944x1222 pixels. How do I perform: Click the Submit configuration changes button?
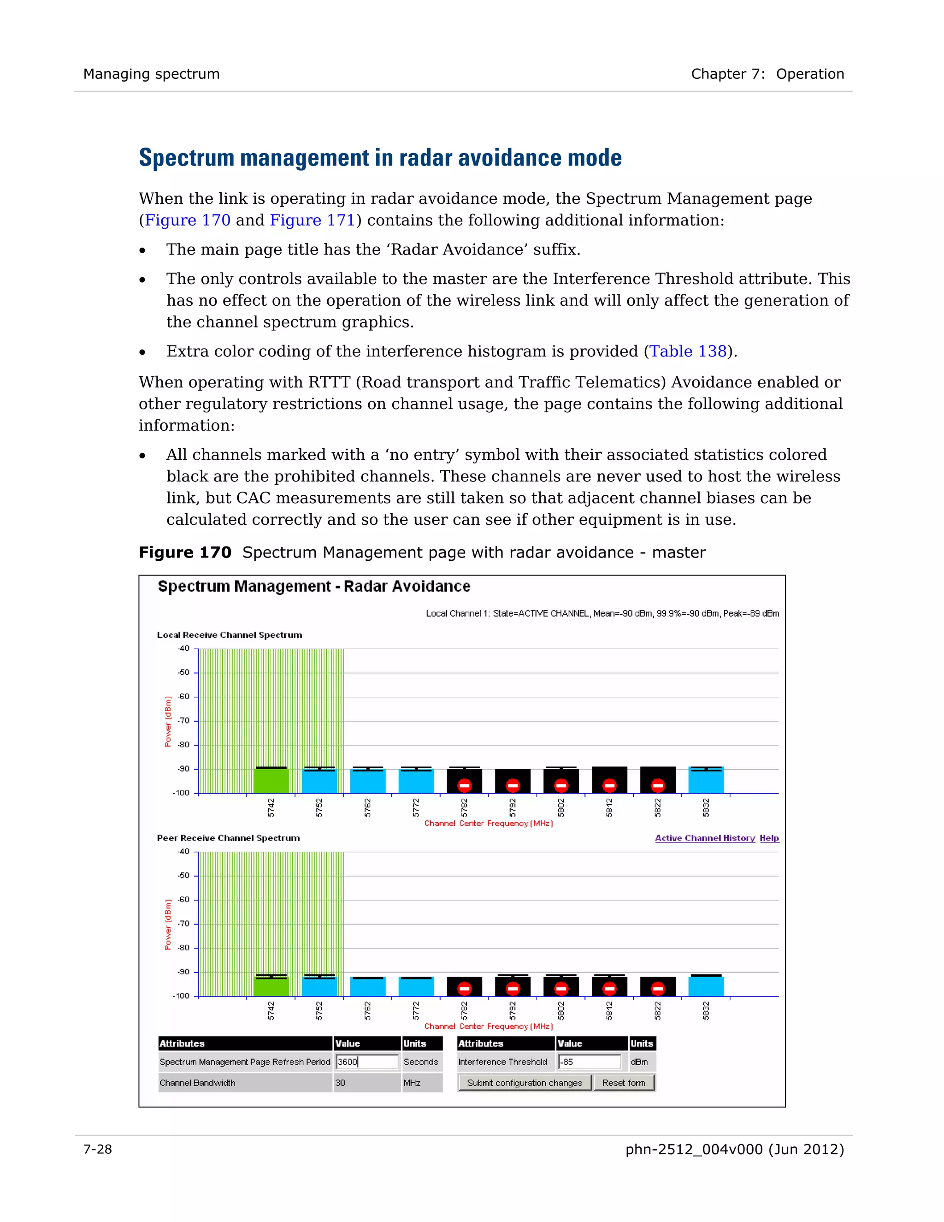pos(525,1083)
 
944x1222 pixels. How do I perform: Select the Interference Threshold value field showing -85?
pos(590,1062)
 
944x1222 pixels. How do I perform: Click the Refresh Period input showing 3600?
pos(367,1062)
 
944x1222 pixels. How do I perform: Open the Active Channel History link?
pos(705,837)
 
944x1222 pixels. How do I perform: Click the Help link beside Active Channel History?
pos(769,837)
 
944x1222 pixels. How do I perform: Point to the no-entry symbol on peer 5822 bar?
pos(658,989)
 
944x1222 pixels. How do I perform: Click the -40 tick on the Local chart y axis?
pos(183,648)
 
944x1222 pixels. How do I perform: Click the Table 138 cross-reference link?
pos(687,351)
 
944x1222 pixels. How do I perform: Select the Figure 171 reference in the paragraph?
pos(312,220)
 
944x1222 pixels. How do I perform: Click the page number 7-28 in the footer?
pos(98,1149)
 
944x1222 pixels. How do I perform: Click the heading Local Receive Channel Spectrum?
pos(229,635)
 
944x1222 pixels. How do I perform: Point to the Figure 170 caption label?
pos(184,553)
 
